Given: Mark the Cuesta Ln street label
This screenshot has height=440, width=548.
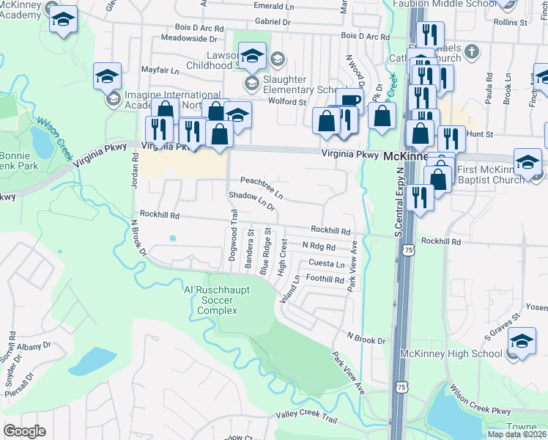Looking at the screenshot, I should click(x=326, y=264).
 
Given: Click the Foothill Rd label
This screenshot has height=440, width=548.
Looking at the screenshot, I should click(x=325, y=279).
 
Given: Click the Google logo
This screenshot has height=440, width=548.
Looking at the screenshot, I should click(x=24, y=431).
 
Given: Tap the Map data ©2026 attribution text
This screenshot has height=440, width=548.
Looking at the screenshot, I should click(x=516, y=434).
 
